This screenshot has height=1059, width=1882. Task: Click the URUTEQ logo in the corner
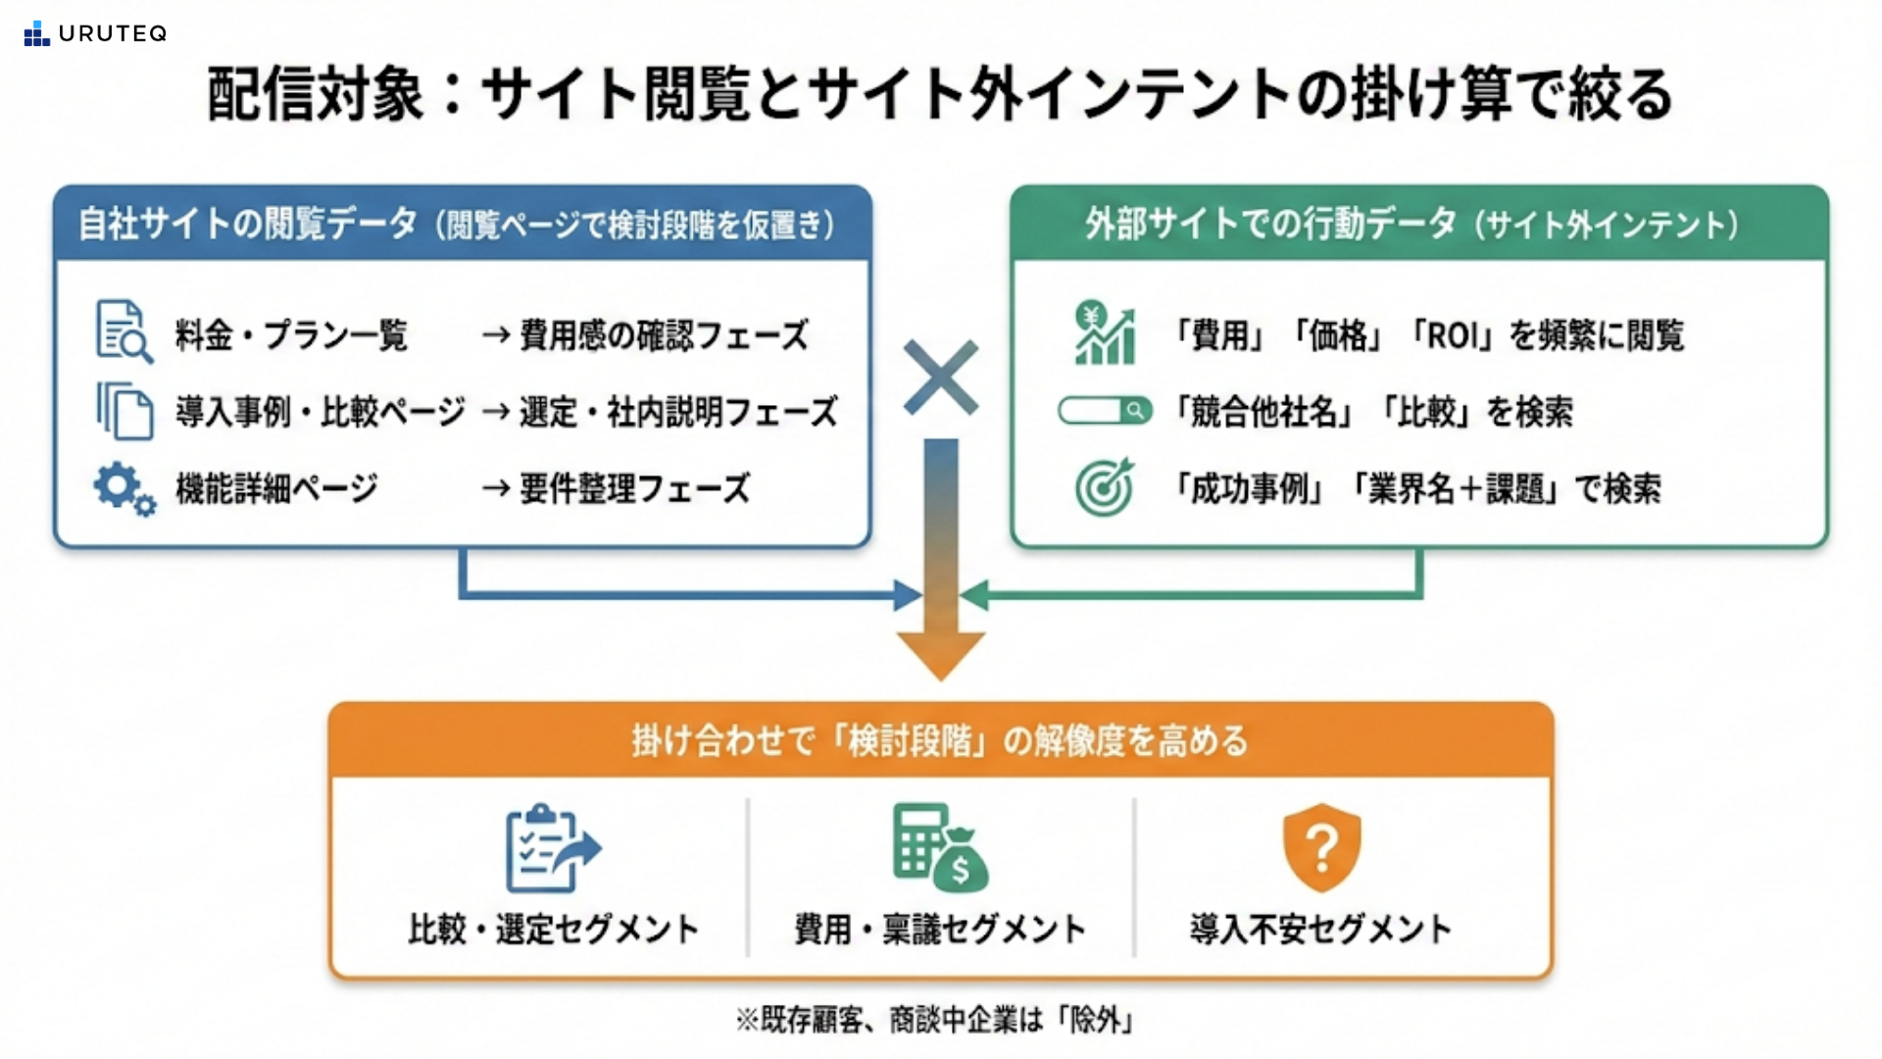pos(95,33)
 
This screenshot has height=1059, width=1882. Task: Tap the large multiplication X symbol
pos(941,378)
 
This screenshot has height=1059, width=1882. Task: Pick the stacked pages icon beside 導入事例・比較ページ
pos(124,411)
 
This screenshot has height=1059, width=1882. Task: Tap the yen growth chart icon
pos(1105,332)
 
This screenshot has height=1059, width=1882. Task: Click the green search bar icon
pos(1106,410)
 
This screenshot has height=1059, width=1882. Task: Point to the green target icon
pos(1105,487)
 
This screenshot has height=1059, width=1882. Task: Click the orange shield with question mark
pos(1322,847)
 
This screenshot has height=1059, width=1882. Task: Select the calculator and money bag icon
pos(940,847)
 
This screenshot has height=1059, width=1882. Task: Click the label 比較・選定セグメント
pos(554,929)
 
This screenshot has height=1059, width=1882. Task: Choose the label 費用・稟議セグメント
pos(940,929)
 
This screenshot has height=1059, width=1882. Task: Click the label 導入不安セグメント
pos(1321,929)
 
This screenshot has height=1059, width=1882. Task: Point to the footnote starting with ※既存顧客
pos(936,1020)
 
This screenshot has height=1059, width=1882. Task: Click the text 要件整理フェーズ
pos(635,488)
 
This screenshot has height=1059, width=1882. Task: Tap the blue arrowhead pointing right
pos(908,595)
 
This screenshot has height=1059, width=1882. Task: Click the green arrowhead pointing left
pos(974,595)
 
